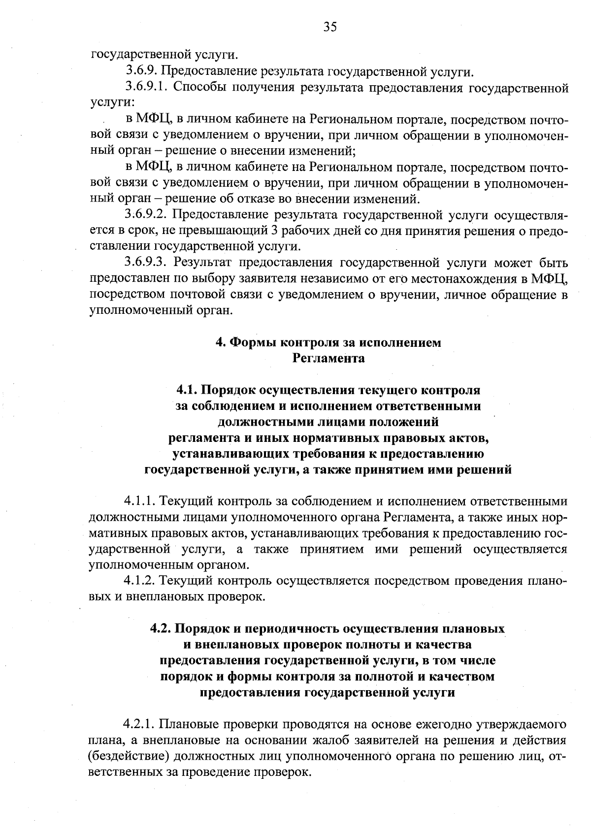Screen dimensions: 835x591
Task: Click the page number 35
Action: [330, 27]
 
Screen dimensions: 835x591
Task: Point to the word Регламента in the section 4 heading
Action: [328, 358]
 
